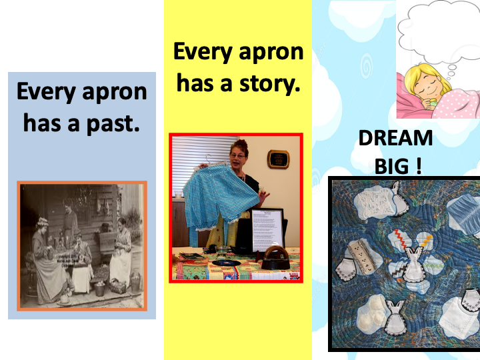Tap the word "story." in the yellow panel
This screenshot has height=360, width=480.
270,83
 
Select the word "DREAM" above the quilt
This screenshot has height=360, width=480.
395,138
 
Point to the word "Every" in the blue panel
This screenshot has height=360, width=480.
46,92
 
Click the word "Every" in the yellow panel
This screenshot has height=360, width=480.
203,52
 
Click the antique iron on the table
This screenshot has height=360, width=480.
276,259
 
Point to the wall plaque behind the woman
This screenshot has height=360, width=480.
278,159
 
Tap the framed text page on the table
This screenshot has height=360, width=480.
267,229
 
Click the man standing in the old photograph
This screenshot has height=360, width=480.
70,221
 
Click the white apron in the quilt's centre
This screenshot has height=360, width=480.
413,265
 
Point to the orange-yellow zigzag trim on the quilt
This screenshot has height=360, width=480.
427,241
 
